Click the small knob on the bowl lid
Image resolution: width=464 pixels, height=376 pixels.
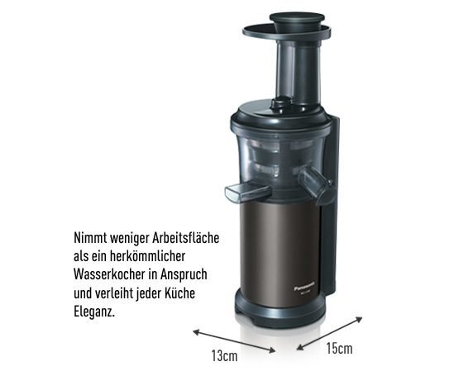point(280,105)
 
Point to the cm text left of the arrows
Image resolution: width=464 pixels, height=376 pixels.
point(225,356)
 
